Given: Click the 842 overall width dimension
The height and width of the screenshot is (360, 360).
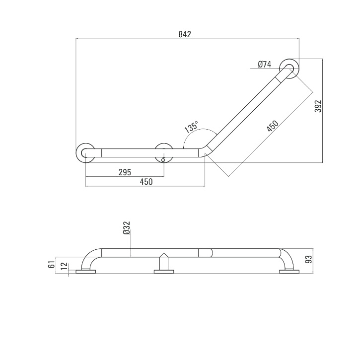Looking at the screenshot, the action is point(185,34).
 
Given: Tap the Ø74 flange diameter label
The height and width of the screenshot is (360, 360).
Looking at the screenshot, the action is point(265,64).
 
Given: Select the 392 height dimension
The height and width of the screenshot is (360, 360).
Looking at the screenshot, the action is point(318,106).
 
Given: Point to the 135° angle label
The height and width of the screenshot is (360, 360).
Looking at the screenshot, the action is point(191,127).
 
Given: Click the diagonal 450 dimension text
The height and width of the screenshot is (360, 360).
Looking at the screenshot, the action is point(273,126).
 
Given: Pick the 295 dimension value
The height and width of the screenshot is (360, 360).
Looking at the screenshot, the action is point(125,172).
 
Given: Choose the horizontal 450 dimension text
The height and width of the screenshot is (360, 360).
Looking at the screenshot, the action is point(146,182).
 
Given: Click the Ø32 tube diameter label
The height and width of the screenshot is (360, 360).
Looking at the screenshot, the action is point(127,228).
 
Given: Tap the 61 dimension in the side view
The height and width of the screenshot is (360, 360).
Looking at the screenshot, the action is point(52,265).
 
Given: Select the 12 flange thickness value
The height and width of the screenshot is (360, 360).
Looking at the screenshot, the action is point(65,266).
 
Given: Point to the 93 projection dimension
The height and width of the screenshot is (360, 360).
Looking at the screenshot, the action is point(309,259).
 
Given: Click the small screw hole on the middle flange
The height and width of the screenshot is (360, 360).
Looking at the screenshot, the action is point(163,160).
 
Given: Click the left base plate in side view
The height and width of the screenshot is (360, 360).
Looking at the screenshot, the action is point(85,272).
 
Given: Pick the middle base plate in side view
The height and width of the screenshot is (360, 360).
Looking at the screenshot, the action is point(164,272).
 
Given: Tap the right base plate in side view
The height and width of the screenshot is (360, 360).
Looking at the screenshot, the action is point(289,272).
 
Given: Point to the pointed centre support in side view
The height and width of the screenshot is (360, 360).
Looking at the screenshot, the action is point(164,262).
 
